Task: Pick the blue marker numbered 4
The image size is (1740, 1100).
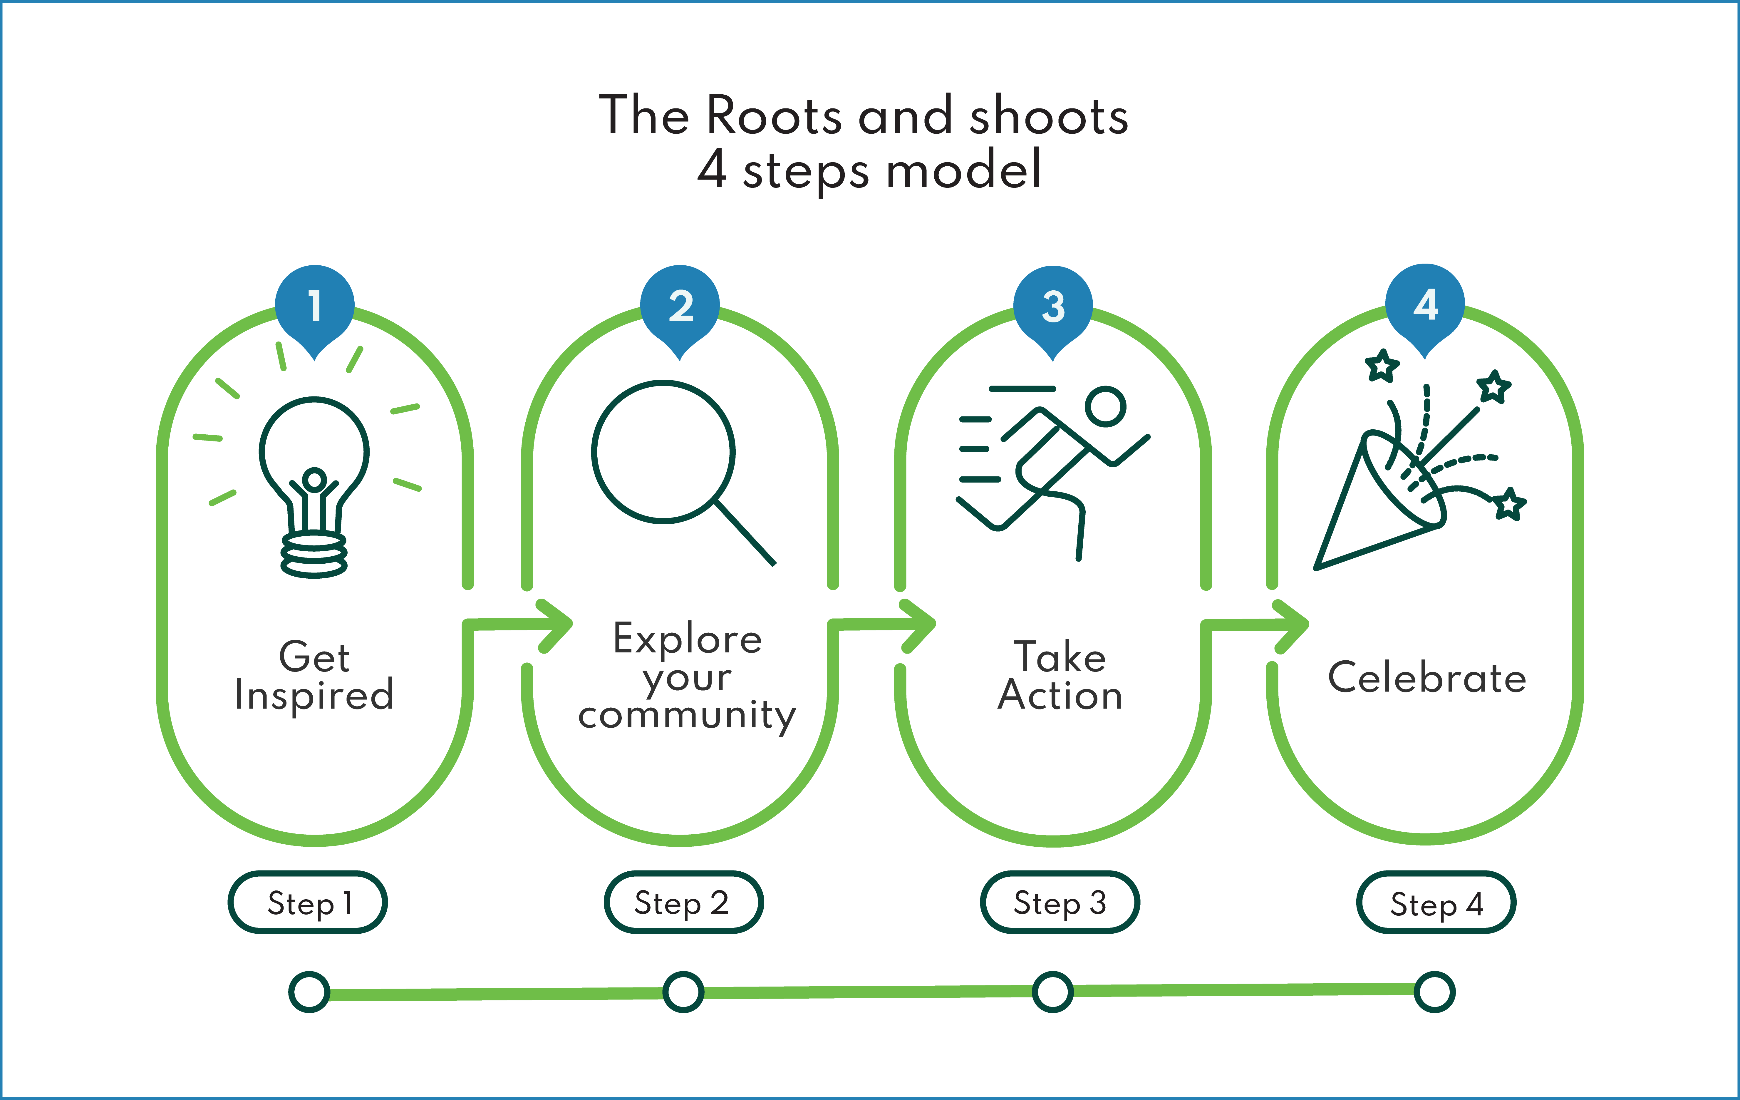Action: [x=1425, y=305]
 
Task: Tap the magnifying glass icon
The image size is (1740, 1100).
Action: [x=672, y=463]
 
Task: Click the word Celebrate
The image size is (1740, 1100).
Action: [x=1427, y=678]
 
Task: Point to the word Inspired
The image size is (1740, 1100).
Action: [x=314, y=695]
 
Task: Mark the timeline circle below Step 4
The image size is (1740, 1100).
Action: [x=1434, y=992]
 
